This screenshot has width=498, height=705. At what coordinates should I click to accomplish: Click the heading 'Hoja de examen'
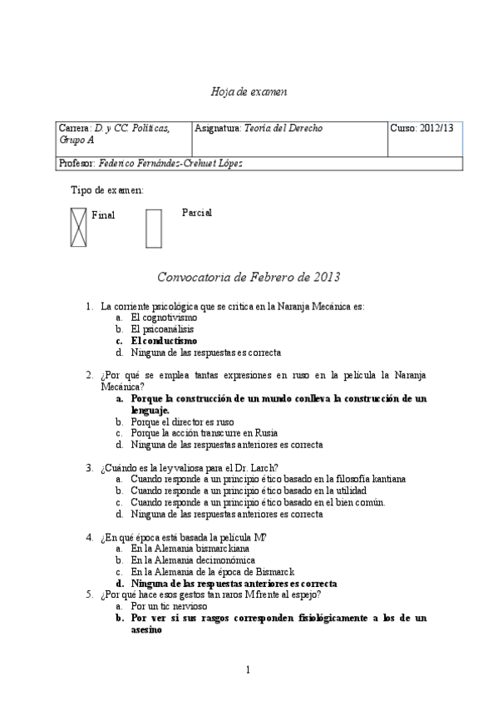coord(249,90)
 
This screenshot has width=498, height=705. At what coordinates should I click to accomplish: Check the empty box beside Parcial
coord(153,228)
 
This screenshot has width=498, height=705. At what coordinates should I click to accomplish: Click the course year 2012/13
coord(422,128)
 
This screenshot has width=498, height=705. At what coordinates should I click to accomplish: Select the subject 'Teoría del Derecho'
coord(283,128)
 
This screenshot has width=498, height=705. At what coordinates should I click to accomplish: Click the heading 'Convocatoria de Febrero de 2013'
coord(249,276)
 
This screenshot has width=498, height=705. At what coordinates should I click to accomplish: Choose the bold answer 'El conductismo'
coord(164,341)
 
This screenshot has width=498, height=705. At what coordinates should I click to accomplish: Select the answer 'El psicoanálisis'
coord(162,329)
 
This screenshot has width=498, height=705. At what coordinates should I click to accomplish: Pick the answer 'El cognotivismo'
coord(164,318)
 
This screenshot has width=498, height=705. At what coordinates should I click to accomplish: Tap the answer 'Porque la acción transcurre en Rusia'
coord(204,433)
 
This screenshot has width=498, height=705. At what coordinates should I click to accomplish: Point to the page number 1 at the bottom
coord(249,670)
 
